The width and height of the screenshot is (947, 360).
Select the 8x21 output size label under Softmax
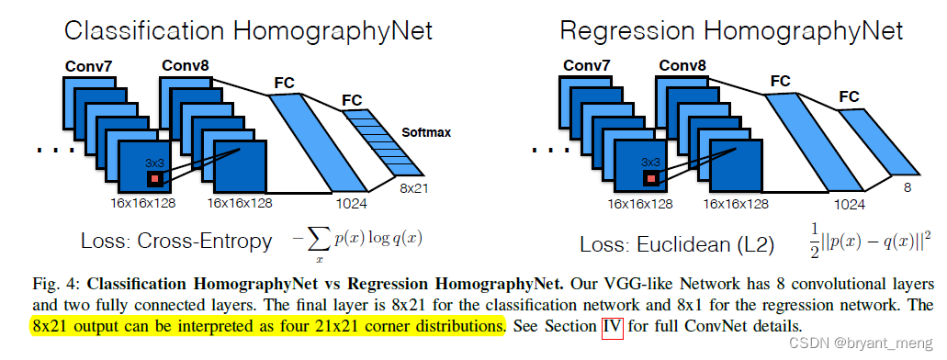point(413,187)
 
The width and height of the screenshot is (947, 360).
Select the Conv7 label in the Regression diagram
point(585,65)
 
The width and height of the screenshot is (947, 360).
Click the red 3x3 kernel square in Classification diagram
point(157,178)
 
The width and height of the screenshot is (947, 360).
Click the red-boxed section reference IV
point(612,326)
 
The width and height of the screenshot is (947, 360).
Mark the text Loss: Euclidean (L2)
point(678,245)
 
